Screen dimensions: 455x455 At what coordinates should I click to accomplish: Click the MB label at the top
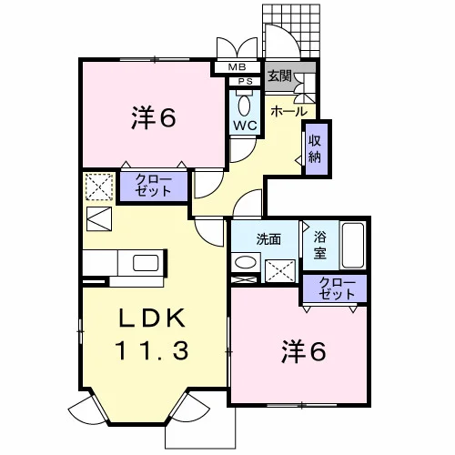(237, 67)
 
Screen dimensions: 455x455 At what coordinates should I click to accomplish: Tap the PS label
(245, 82)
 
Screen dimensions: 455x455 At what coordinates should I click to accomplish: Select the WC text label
(245, 126)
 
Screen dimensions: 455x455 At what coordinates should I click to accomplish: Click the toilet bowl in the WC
(245, 105)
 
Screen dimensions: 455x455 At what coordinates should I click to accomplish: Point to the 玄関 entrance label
(279, 76)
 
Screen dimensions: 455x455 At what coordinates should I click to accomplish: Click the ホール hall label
(288, 112)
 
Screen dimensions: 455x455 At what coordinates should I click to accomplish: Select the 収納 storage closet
(317, 149)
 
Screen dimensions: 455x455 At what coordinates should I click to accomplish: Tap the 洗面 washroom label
(268, 239)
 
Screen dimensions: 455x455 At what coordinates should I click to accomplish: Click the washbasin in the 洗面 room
(246, 262)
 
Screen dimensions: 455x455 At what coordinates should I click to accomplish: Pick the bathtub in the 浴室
(352, 246)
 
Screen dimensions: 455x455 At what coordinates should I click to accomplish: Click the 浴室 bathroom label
(320, 245)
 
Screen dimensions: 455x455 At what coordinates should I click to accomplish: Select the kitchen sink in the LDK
(146, 263)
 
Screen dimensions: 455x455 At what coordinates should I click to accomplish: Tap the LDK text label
(152, 318)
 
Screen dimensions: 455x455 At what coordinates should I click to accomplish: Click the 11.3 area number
(152, 349)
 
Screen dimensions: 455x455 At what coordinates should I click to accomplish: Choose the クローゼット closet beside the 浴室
(335, 288)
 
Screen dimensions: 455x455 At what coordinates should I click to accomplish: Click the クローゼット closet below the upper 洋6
(154, 187)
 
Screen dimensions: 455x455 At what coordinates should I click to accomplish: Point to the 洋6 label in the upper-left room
(154, 118)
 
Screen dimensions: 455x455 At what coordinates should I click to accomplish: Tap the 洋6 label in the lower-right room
(304, 352)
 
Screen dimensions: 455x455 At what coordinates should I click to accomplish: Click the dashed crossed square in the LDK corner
(99, 187)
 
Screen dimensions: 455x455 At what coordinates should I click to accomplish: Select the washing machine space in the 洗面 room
(280, 271)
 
